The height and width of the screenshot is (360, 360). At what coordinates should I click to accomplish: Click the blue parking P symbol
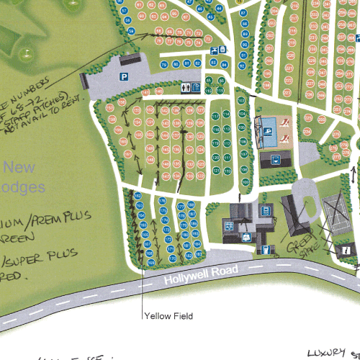click(124, 76)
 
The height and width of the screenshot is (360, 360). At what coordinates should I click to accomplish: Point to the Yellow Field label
click(168, 315)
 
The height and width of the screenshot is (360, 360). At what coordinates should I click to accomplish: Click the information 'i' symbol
click(346, 250)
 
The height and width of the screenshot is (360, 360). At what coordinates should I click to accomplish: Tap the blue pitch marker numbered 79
click(165, 64)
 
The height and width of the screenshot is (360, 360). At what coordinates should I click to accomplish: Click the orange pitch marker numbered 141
click(145, 93)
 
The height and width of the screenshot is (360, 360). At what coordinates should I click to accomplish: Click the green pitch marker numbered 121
click(216, 171)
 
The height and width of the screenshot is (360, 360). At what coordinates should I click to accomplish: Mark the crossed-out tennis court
click(334, 211)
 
